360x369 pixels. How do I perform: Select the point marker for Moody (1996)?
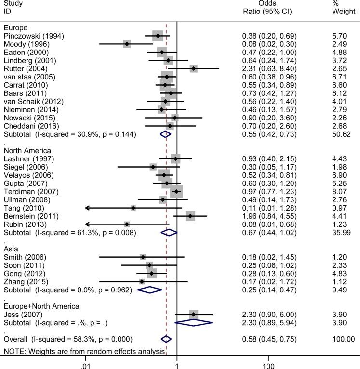coord(127,44)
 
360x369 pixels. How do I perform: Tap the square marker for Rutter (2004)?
coord(193,68)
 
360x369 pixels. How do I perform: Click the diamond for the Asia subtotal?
coord(150,290)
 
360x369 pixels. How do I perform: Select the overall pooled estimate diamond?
coord(166,339)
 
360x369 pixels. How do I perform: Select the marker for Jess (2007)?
coord(194,315)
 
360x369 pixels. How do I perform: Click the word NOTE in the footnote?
coord(13,350)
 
